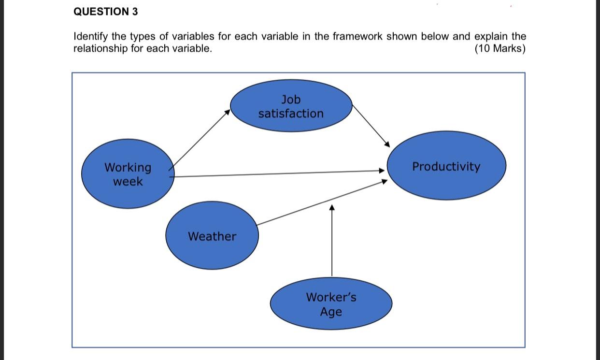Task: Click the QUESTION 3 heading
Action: point(105,12)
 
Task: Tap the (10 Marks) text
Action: point(500,49)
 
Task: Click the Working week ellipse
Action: point(128,174)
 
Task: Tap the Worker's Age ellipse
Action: point(331,304)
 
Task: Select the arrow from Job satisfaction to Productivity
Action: point(371,126)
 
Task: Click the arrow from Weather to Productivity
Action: point(321,202)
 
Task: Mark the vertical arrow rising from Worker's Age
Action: point(332,242)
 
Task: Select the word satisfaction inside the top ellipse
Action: point(291,114)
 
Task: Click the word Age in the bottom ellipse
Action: point(331,312)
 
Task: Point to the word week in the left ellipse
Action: point(128,182)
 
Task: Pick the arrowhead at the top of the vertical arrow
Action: point(332,207)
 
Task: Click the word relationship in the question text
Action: point(100,49)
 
